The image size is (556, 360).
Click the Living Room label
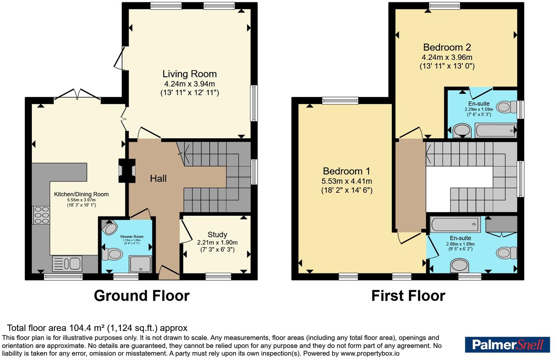point(189,74)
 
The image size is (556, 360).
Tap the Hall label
point(158,179)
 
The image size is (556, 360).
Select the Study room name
point(217,235)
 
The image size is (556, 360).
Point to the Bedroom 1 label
point(346,171)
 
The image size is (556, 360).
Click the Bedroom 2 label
point(447,47)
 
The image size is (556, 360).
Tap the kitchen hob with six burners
point(41,215)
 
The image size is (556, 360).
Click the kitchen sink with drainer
point(67,264)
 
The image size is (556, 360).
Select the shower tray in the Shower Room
point(140,264)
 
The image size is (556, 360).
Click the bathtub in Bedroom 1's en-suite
point(455,224)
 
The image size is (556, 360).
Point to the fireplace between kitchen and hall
point(127,171)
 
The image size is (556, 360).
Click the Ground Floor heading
point(142,296)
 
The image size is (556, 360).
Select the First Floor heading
point(408,296)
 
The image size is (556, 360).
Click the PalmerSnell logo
point(507,344)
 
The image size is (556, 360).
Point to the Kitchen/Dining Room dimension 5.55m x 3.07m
point(81,200)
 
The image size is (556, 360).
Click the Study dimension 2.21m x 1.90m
point(217,242)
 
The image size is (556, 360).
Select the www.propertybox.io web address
point(370,353)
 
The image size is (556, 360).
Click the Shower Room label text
point(132,237)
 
